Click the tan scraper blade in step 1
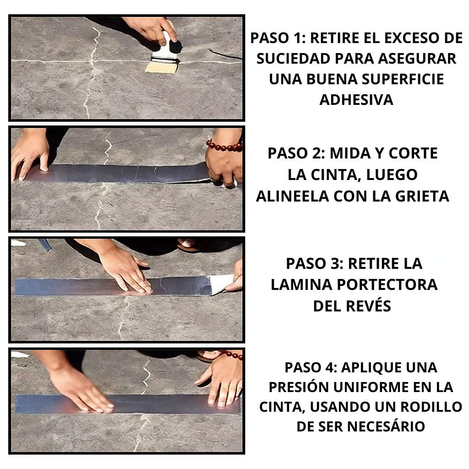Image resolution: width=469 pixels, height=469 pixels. pyautogui.click(x=161, y=67)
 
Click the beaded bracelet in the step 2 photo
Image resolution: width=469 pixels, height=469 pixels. pyautogui.click(x=224, y=146)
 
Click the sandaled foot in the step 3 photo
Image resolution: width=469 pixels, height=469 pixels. pyautogui.click(x=190, y=245)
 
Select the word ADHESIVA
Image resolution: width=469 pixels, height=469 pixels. pyautogui.click(x=356, y=100)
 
